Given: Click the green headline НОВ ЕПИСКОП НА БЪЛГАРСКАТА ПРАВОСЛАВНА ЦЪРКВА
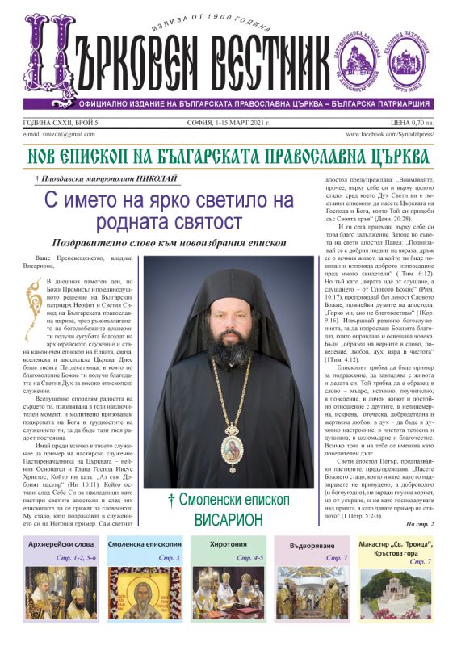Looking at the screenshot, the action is (228, 155).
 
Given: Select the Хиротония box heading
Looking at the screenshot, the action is (228, 544).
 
